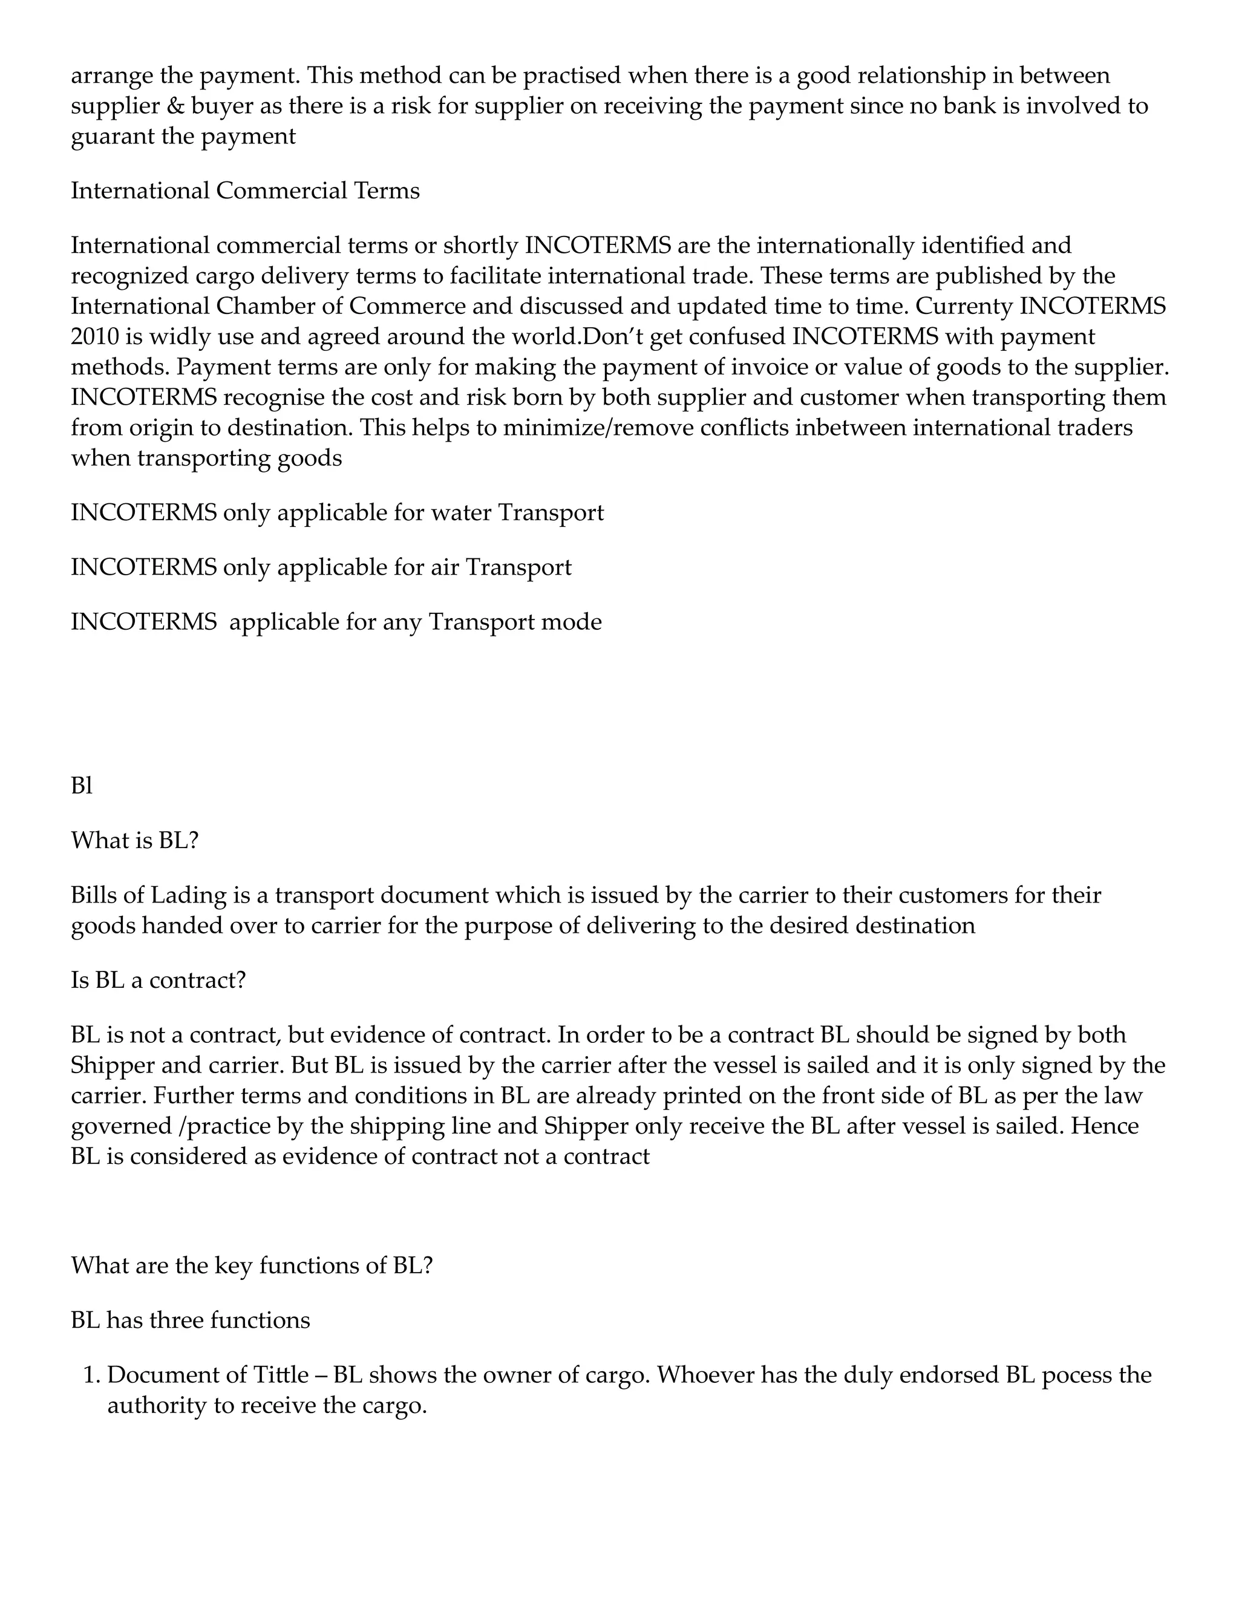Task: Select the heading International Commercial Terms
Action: pyautogui.click(x=245, y=191)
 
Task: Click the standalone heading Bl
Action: pyautogui.click(x=82, y=786)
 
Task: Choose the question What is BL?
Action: pyautogui.click(x=134, y=840)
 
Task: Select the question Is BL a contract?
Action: pyautogui.click(x=158, y=980)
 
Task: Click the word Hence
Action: pyautogui.click(x=1104, y=1126)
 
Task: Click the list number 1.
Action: pyautogui.click(x=90, y=1376)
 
